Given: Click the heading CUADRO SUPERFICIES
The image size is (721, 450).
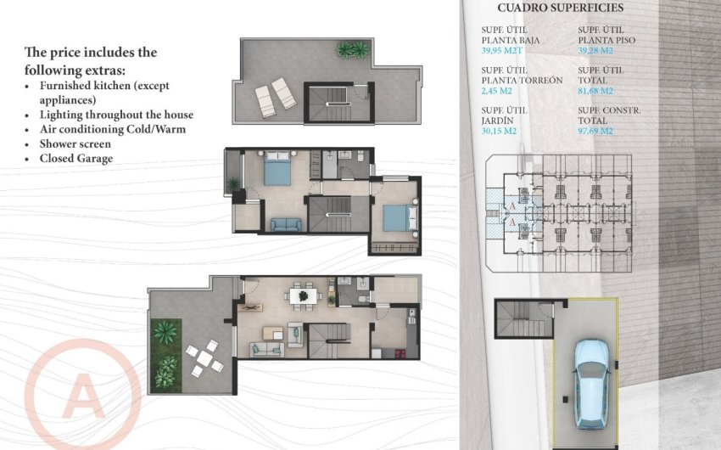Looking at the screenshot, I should [x=560, y=8].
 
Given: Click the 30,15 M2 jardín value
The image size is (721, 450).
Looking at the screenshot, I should [x=501, y=132].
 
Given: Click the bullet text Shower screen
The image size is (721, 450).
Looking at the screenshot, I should [x=75, y=144].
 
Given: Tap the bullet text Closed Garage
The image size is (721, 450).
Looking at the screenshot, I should [x=76, y=159].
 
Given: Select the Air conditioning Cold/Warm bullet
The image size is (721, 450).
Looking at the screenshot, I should [x=112, y=129].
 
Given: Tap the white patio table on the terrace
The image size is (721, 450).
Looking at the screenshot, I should [x=204, y=357].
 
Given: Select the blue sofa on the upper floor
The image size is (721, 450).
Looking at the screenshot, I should [x=286, y=224].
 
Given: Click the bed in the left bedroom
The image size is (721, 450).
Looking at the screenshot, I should [x=277, y=169].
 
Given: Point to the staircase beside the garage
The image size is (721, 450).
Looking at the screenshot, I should [x=519, y=321].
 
